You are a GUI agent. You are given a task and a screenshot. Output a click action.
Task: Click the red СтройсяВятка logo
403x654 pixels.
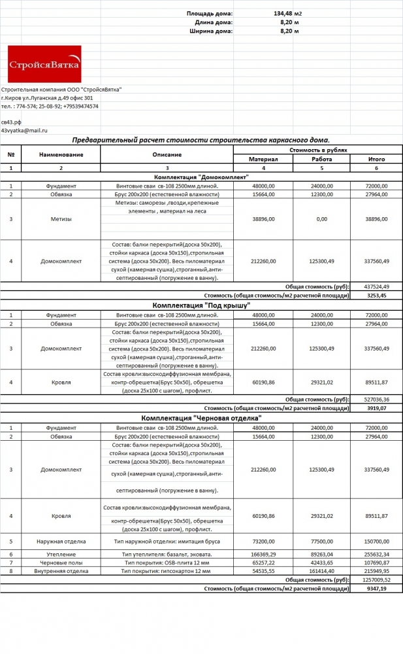(44, 65)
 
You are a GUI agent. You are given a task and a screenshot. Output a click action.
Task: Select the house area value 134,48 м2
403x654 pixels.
(288, 13)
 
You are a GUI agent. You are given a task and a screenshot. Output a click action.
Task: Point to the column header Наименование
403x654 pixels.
(61, 154)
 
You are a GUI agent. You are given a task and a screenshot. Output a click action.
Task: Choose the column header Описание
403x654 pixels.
(167, 154)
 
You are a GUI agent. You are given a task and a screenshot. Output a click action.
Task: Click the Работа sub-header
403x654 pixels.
(321, 159)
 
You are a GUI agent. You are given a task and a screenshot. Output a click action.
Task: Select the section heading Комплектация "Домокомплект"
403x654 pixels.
(201, 177)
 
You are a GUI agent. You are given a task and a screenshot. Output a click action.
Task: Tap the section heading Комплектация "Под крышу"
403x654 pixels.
(201, 306)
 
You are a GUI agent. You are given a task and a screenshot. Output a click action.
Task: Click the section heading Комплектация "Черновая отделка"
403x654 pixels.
(201, 417)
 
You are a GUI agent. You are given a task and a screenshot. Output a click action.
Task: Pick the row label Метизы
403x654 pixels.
(61, 219)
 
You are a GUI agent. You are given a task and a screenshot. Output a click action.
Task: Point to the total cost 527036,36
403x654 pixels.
(376, 398)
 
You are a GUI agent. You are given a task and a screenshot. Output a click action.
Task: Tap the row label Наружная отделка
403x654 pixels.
(61, 542)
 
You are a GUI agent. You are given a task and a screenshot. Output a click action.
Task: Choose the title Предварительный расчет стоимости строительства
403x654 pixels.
(201, 140)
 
